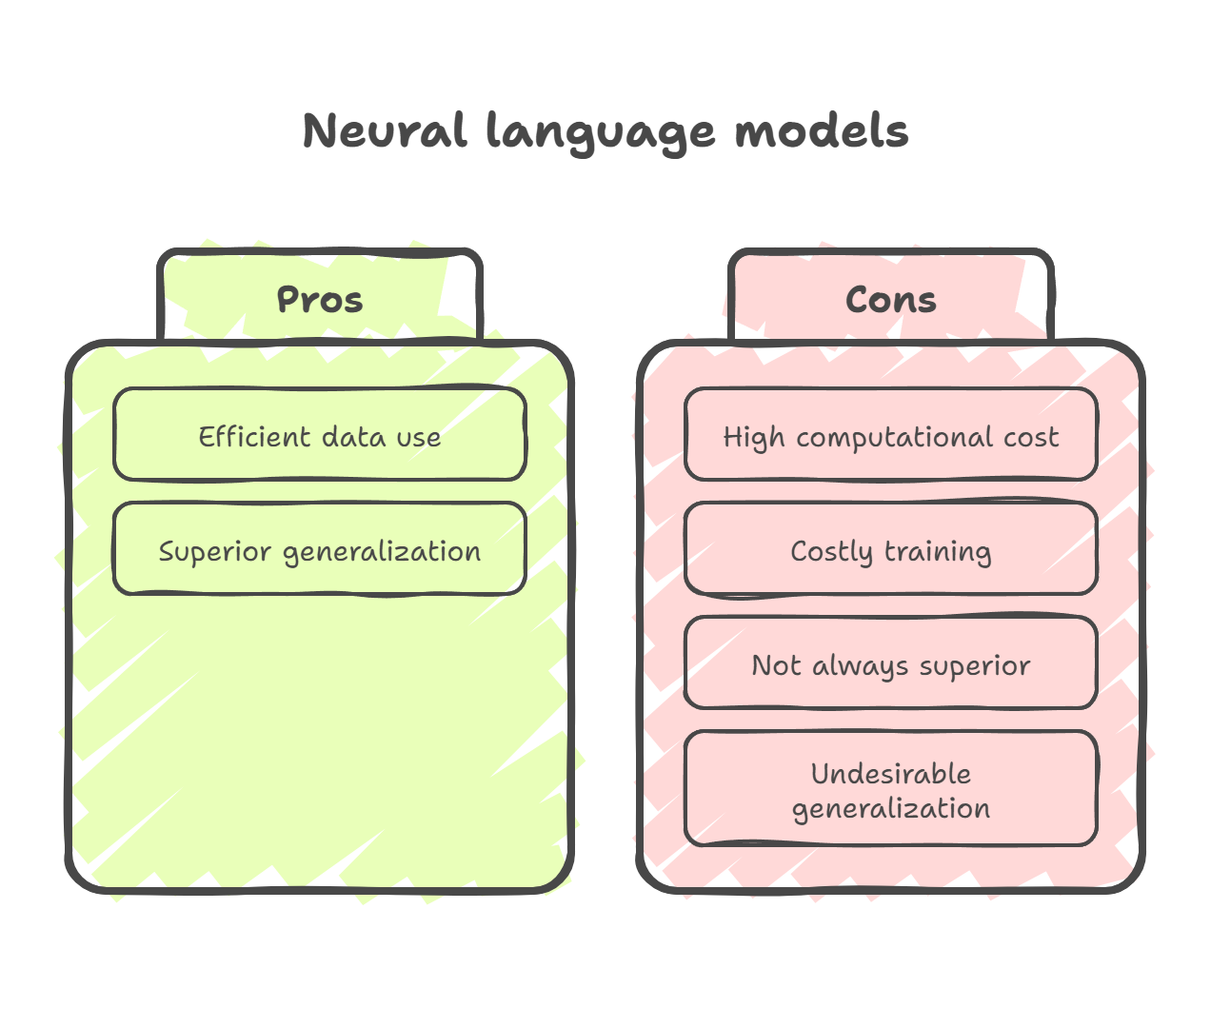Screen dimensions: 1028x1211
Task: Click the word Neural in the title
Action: (x=385, y=131)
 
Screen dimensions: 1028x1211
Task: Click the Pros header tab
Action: (x=320, y=299)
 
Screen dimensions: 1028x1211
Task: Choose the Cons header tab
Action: (x=891, y=299)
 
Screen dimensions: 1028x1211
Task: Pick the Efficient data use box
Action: (x=320, y=435)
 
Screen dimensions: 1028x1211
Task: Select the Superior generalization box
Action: (x=320, y=549)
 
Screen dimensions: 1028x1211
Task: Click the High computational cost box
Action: (x=891, y=435)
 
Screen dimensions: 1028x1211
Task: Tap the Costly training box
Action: (x=891, y=549)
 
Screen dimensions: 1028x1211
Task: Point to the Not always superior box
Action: (x=891, y=663)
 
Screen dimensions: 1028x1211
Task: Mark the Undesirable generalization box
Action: (x=891, y=789)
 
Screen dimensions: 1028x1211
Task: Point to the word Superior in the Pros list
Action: (x=215, y=552)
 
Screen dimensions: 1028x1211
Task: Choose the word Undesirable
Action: (x=891, y=774)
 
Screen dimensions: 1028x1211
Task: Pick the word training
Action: (x=938, y=552)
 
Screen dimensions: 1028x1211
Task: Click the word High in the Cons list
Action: (x=754, y=438)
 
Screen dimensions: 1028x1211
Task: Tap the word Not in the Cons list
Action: (x=776, y=665)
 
